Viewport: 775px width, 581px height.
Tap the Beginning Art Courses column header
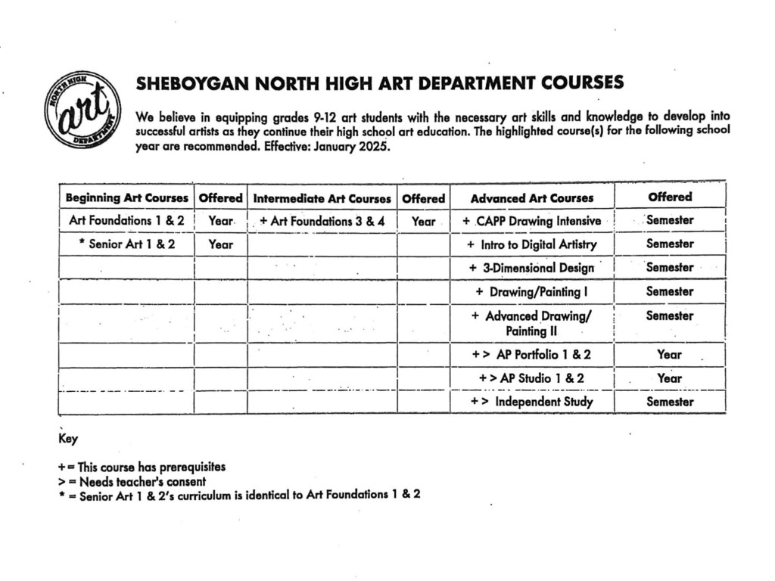(126, 198)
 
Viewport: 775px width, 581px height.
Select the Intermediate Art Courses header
(322, 199)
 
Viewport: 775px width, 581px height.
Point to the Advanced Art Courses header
(531, 198)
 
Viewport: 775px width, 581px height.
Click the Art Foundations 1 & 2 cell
(126, 221)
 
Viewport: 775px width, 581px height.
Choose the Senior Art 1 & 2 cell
(126, 244)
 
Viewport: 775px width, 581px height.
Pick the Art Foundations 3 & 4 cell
(322, 222)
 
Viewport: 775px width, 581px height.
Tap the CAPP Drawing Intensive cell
(531, 222)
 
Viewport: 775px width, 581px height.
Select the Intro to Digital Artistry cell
(531, 244)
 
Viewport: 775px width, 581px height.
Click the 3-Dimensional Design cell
(531, 268)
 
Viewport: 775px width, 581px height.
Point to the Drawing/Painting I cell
(531, 291)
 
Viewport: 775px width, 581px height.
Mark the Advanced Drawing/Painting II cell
(531, 323)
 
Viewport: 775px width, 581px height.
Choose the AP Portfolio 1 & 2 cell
(531, 354)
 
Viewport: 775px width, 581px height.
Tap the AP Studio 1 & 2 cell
(531, 377)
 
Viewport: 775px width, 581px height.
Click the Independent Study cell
(531, 402)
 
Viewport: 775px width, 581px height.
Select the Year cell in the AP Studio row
(669, 377)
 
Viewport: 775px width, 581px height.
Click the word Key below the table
(68, 439)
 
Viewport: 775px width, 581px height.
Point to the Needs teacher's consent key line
(132, 481)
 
